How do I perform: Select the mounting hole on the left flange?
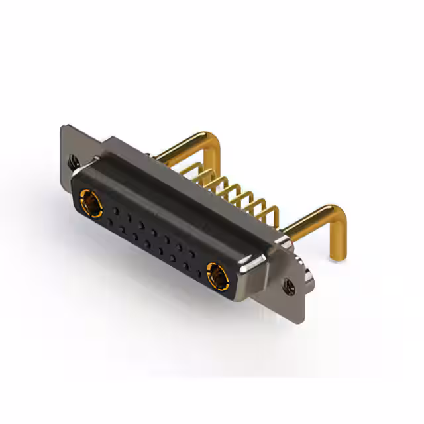click(72, 160)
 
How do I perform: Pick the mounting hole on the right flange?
click(288, 286)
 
